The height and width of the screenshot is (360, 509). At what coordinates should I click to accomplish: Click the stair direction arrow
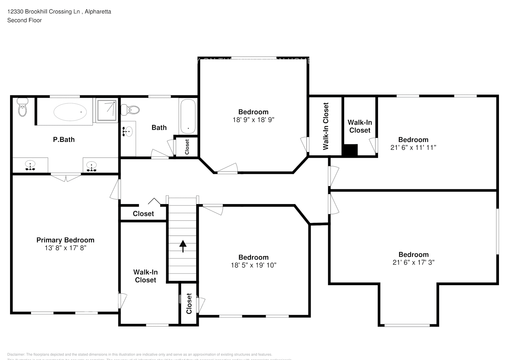point(183,246)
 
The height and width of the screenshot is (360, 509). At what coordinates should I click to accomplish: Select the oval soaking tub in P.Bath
point(70,112)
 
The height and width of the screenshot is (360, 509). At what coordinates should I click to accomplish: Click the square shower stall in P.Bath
point(107,111)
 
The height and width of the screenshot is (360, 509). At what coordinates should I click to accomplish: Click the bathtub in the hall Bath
point(188,116)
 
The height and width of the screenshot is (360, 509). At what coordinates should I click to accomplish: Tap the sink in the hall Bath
point(127,132)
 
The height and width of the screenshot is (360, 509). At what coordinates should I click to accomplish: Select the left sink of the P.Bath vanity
point(30,166)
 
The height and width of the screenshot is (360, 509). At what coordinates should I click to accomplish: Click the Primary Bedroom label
point(65,240)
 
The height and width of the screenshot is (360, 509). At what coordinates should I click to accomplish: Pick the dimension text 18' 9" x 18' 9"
point(253,120)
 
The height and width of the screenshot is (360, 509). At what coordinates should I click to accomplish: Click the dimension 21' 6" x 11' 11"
point(413,147)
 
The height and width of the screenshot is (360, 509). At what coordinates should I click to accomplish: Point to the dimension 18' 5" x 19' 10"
point(253,265)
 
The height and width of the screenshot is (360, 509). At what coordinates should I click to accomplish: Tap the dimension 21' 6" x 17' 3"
point(413,262)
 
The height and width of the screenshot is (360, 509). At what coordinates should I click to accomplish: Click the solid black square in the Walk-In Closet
point(350,150)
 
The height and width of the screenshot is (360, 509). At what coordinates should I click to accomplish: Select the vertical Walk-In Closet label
point(326,126)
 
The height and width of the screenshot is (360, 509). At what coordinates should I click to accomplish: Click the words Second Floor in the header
point(24,20)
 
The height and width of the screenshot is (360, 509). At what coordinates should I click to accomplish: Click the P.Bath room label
point(64,140)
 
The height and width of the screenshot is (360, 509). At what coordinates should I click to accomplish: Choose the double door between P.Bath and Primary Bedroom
point(66,176)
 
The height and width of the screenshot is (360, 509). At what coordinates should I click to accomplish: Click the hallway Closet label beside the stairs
point(143,213)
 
